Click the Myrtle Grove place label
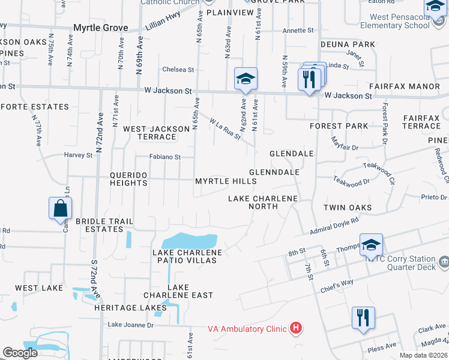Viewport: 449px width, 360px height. [x=101, y=28]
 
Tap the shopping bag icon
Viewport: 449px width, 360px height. [x=61, y=209]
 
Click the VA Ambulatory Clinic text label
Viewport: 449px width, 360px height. [x=247, y=328]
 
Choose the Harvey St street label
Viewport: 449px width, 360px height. [x=79, y=155]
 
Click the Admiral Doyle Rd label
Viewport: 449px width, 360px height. [x=334, y=226]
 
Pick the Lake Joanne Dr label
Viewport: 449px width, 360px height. [x=130, y=325]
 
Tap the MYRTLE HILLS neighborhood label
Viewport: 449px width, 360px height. [x=226, y=181]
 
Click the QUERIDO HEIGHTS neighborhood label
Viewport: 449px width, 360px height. [x=128, y=179]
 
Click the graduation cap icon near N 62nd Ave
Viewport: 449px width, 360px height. [x=246, y=79]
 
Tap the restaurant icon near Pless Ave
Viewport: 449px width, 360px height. [x=363, y=317]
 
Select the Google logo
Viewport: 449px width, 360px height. [x=20, y=353]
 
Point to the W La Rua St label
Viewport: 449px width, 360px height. [x=225, y=129]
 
